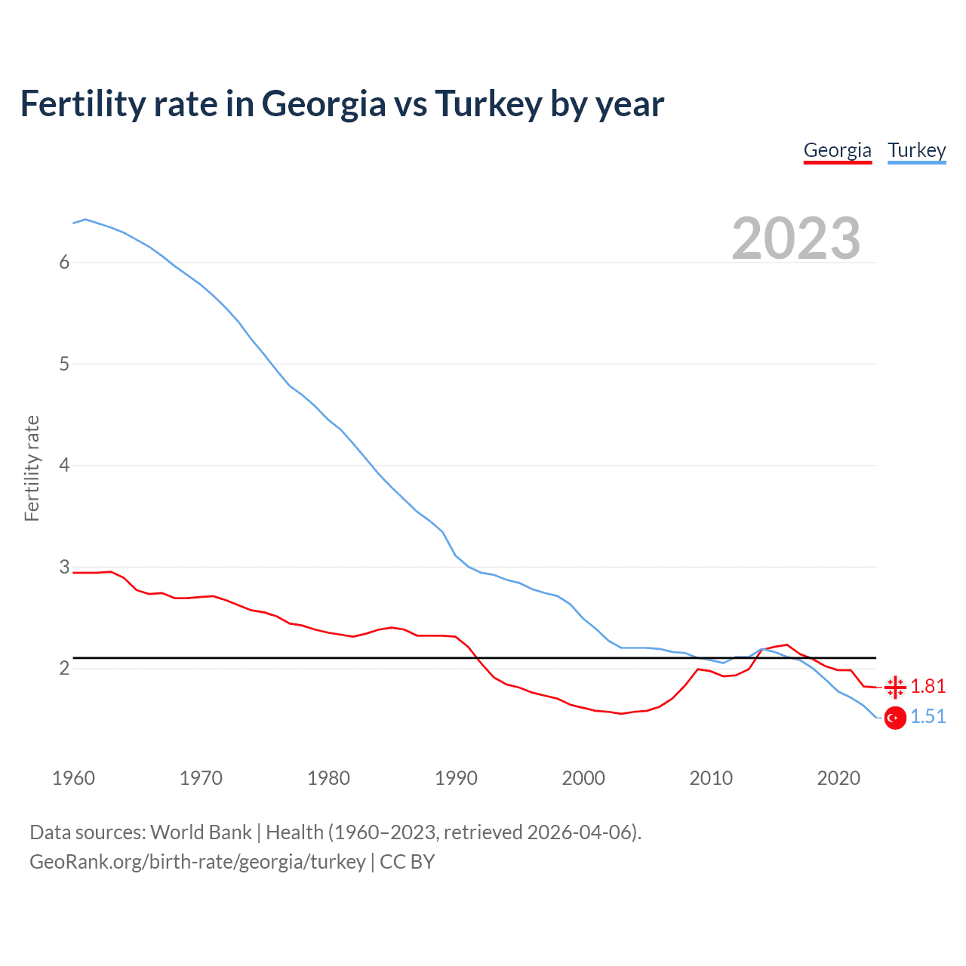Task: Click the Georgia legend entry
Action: [x=837, y=150]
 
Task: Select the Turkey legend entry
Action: [x=916, y=150]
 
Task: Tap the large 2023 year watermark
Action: [x=795, y=238]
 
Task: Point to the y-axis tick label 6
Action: [x=64, y=262]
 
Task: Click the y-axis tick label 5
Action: [x=64, y=364]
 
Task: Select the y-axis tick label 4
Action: [x=64, y=465]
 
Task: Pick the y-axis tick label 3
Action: [x=64, y=567]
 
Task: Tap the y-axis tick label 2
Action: [x=64, y=668]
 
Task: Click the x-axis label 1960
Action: [x=73, y=778]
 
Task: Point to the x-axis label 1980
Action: [x=328, y=778]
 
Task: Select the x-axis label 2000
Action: [x=583, y=778]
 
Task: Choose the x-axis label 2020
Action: [x=838, y=778]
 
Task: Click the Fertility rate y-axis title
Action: [x=32, y=468]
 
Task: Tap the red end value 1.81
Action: [x=928, y=686]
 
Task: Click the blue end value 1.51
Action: [x=928, y=716]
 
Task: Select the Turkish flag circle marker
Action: [x=895, y=718]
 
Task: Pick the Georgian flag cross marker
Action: [x=895, y=687]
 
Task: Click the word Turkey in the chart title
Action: [x=488, y=103]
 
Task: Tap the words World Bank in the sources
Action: [x=201, y=832]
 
